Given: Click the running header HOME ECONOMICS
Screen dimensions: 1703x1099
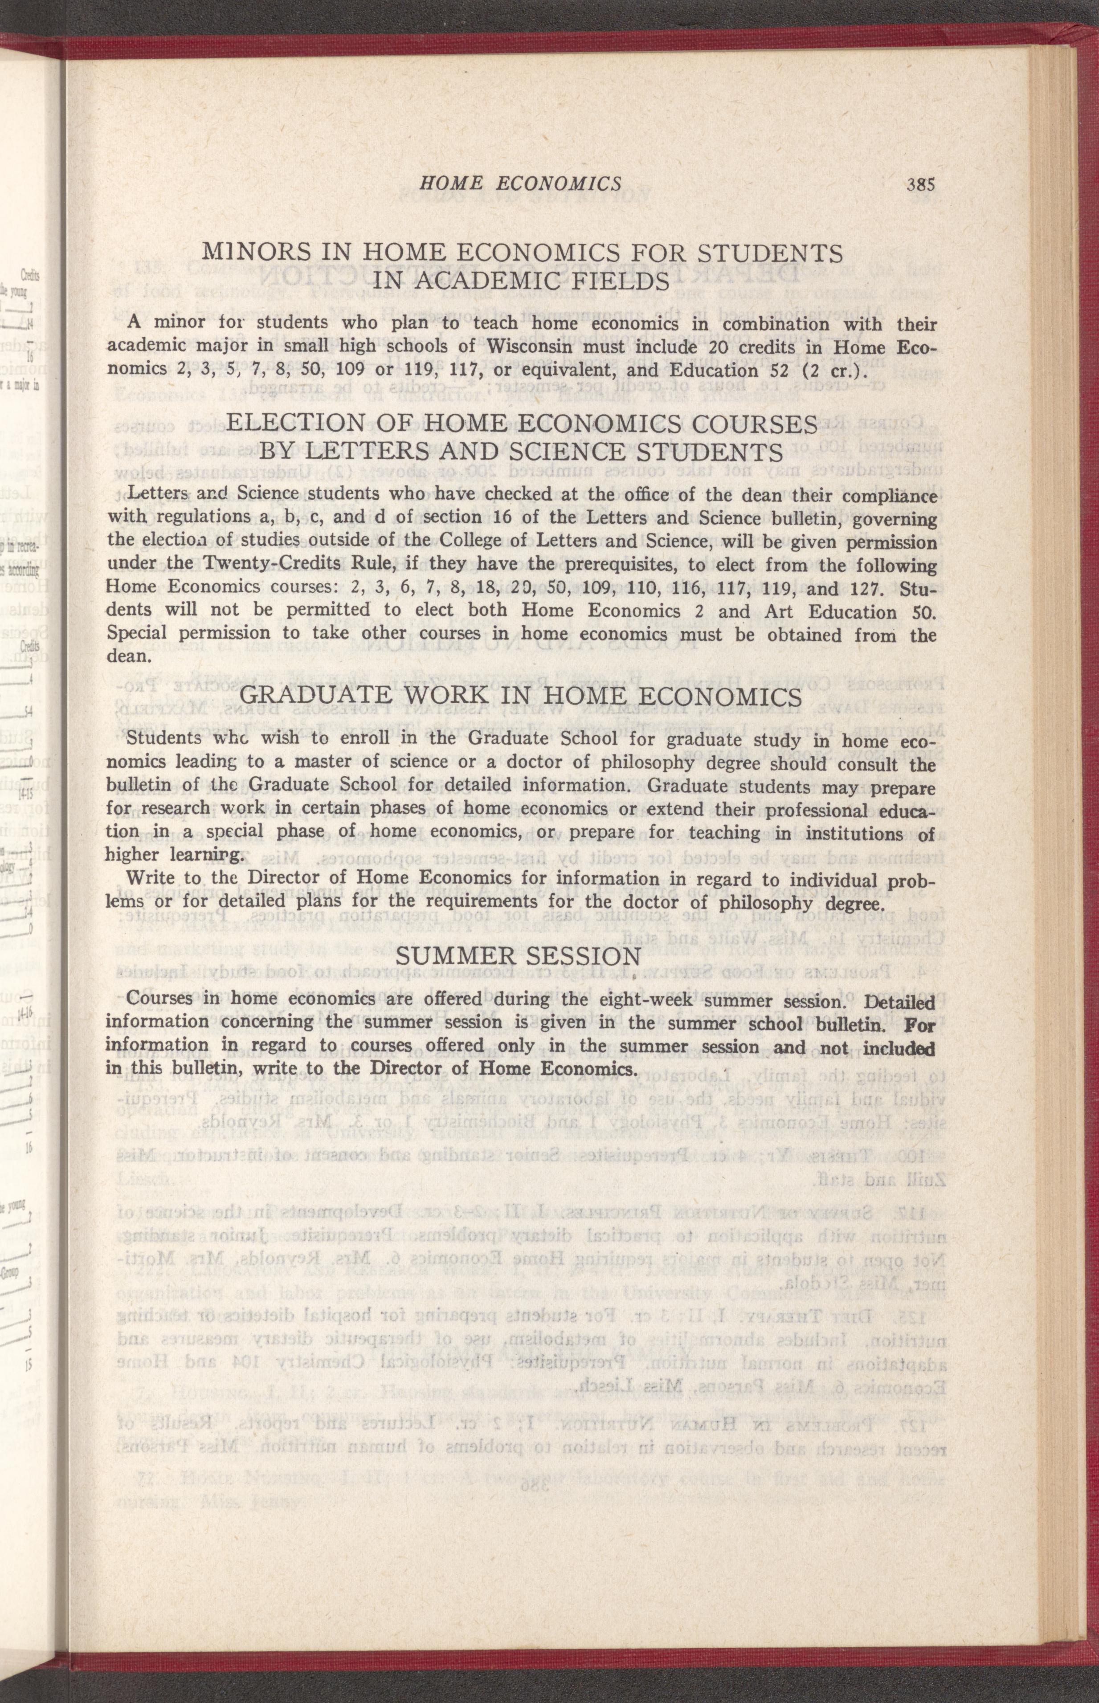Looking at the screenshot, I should [519, 184].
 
